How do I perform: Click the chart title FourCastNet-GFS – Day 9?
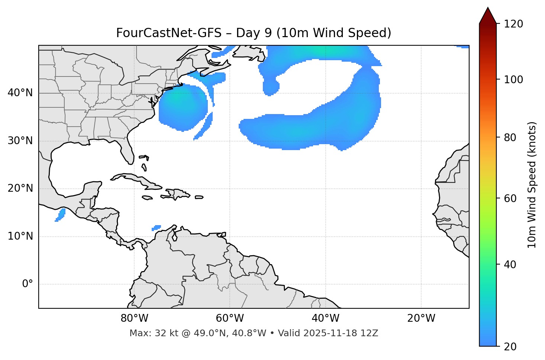point(254,33)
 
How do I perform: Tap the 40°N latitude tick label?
point(20,93)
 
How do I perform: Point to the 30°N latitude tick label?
point(20,141)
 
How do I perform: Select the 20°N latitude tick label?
point(20,188)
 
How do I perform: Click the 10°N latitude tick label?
point(20,236)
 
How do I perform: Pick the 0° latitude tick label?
point(28,284)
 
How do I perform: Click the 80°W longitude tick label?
point(134,318)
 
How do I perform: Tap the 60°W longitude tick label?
point(230,318)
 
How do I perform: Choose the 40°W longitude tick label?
point(325,318)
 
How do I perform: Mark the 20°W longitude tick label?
point(421,318)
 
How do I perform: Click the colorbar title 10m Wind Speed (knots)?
point(532,185)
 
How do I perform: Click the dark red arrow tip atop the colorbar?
point(487,15)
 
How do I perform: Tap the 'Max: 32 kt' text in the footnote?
point(157,333)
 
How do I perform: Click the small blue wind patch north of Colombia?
point(157,227)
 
